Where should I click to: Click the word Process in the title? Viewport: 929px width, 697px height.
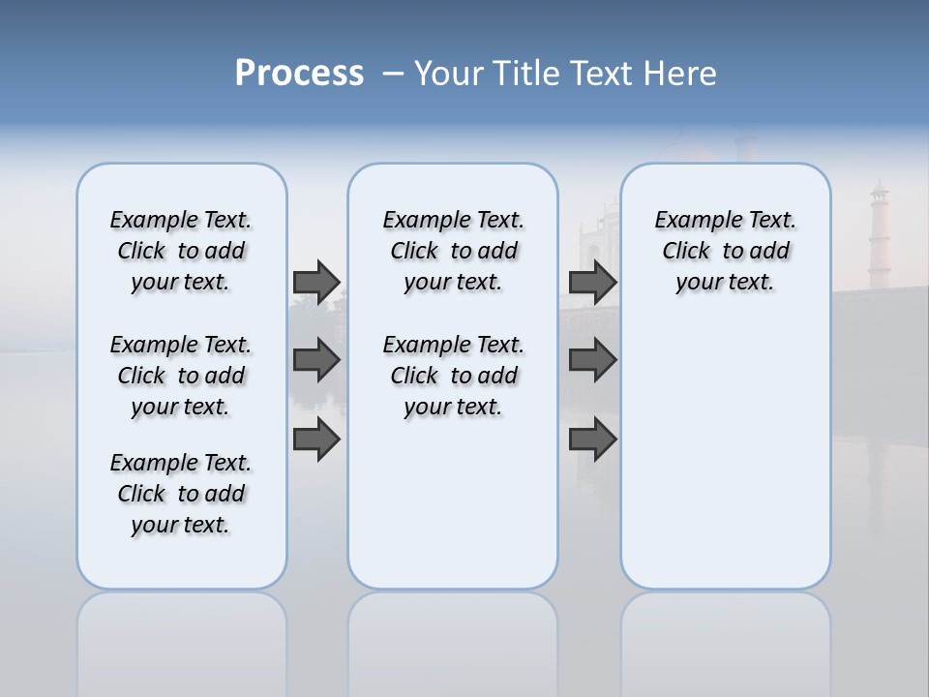pyautogui.click(x=299, y=74)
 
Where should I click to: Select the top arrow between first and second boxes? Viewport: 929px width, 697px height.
pyautogui.click(x=316, y=282)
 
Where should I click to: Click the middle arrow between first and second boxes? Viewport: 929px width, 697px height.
pyautogui.click(x=316, y=360)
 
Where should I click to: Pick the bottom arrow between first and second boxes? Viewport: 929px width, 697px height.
pyautogui.click(x=316, y=439)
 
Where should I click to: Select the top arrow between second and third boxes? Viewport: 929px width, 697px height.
pyautogui.click(x=593, y=282)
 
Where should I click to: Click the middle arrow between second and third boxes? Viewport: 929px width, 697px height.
pyautogui.click(x=593, y=360)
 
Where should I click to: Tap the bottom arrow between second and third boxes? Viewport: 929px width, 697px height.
pyautogui.click(x=593, y=439)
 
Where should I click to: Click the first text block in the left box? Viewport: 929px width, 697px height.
pyautogui.click(x=181, y=251)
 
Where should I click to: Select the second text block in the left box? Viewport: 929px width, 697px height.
pyautogui.click(x=181, y=376)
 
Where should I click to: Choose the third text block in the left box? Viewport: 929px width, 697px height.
pyautogui.click(x=181, y=494)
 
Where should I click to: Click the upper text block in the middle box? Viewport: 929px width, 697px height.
pyautogui.click(x=453, y=251)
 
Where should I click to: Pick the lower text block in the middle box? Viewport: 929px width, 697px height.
pyautogui.click(x=453, y=376)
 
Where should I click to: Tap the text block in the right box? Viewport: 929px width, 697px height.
pyautogui.click(x=725, y=251)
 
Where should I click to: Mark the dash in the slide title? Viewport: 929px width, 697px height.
pyautogui.click(x=393, y=74)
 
